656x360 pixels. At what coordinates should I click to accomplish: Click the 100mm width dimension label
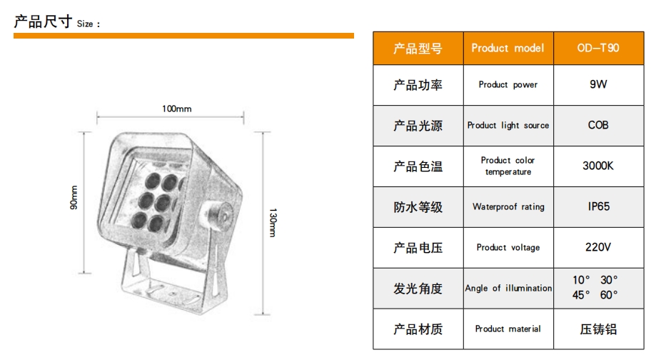176,109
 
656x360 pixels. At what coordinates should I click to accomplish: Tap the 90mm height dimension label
74,199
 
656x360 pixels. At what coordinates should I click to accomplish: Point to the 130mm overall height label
272,222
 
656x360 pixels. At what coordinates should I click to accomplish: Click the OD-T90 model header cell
597,49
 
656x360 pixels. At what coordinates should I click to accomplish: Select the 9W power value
597,84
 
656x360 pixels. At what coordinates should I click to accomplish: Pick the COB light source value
597,125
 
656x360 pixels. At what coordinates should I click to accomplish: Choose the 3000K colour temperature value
597,166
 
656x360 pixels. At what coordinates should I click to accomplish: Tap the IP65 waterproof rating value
597,206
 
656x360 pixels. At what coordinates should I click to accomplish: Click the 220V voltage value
597,247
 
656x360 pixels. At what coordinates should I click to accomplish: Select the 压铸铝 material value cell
597,329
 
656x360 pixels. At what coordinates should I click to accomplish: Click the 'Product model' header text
508,49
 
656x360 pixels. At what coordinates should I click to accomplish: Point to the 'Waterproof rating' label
508,207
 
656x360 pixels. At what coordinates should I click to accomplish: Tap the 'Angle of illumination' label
508,289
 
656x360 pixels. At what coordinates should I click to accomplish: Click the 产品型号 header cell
418,49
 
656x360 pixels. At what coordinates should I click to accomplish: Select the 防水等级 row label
418,207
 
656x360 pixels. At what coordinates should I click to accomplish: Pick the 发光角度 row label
418,289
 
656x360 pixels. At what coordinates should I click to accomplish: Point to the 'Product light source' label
508,126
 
